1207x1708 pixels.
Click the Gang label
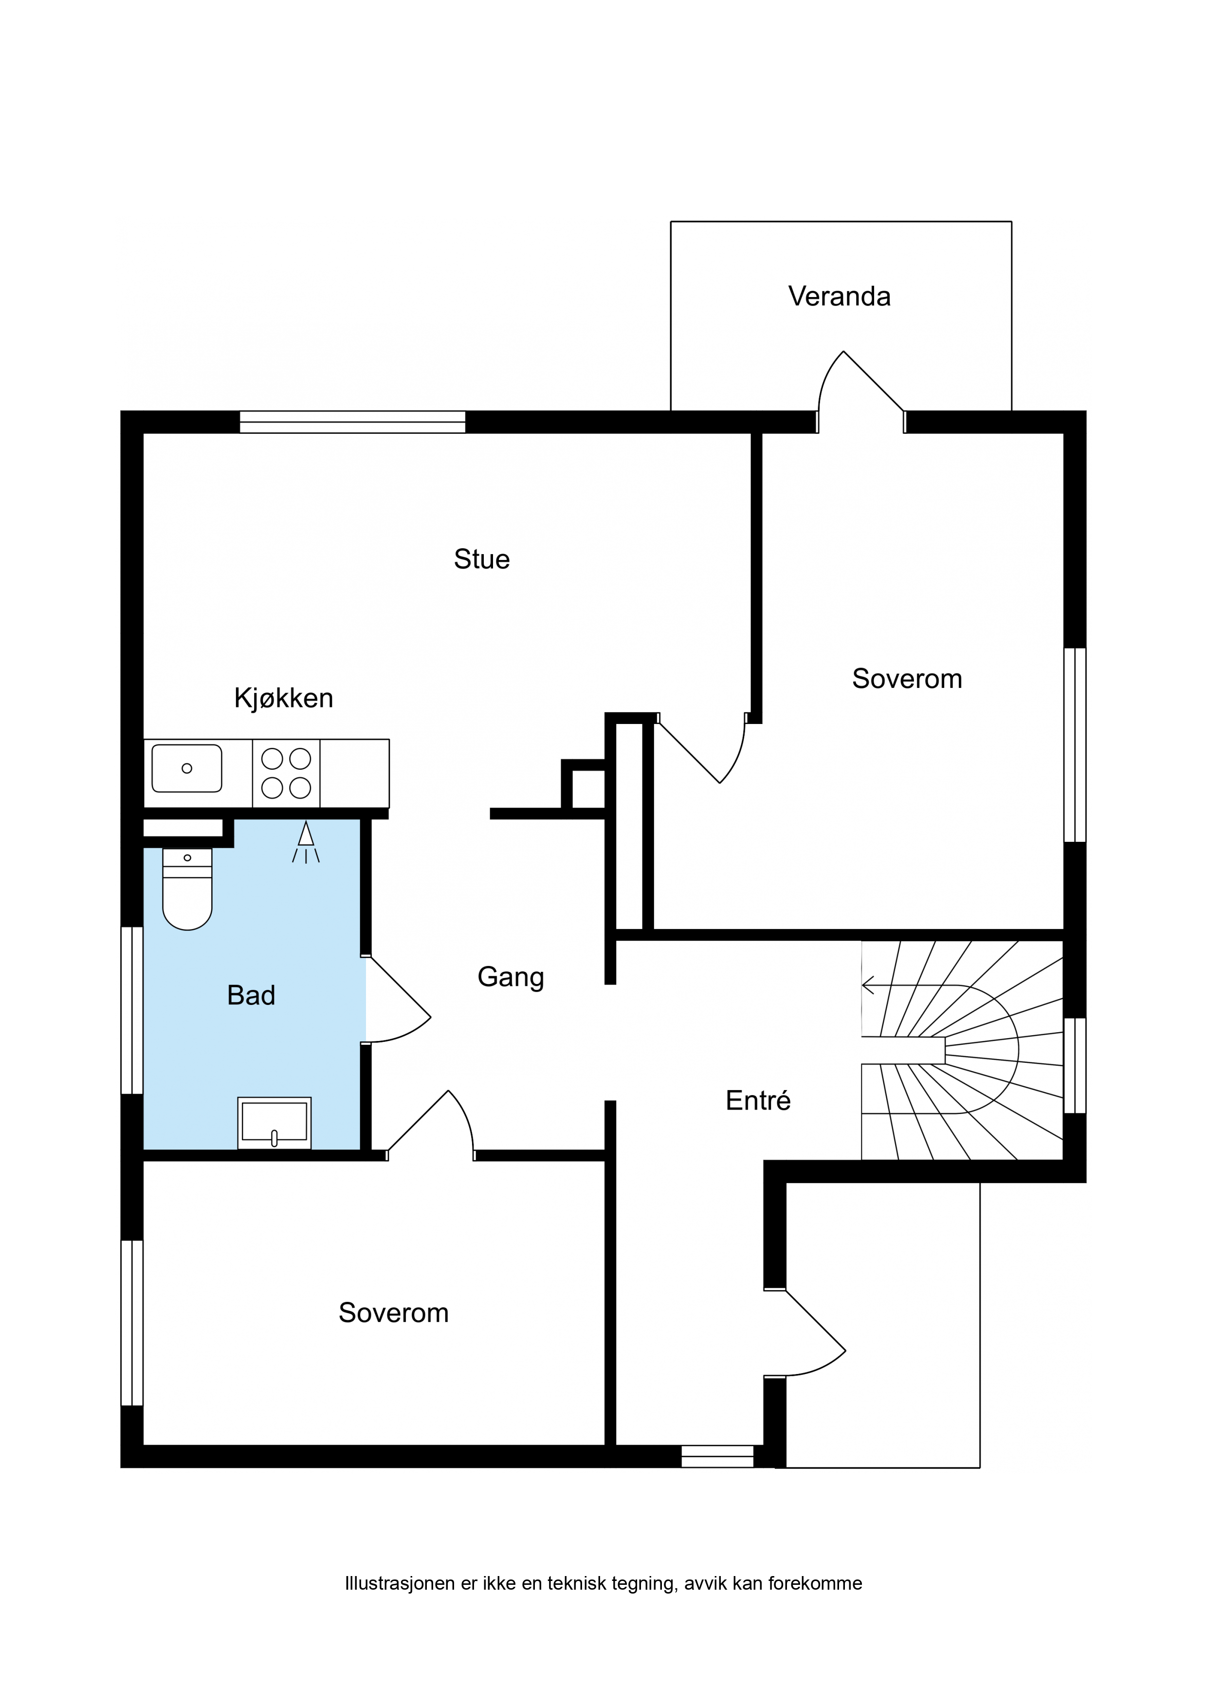511,977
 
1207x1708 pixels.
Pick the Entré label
758,1100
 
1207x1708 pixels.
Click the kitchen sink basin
187,768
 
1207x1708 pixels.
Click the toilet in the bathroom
187,889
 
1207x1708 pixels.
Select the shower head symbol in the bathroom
306,841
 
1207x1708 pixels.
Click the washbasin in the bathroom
274,1123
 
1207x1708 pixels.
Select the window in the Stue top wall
352,422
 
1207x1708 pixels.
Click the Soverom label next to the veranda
907,678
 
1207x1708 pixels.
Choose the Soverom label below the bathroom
393,1313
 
